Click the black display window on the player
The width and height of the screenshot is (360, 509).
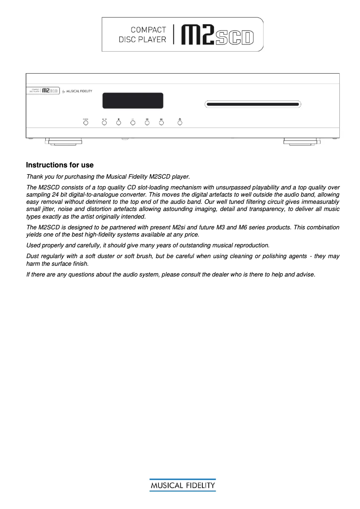click(x=132, y=101)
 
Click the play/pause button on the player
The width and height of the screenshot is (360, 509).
click(x=104, y=123)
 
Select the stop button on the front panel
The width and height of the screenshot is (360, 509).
click(x=119, y=123)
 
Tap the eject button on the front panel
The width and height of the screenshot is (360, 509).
click(x=180, y=123)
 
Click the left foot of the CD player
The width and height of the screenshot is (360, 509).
click(x=63, y=142)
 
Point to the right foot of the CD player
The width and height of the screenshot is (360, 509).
click(x=302, y=142)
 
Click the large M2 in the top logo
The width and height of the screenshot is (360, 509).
click(x=198, y=35)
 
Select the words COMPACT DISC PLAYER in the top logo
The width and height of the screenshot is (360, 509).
click(x=142, y=35)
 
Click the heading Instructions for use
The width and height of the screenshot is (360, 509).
click(x=60, y=165)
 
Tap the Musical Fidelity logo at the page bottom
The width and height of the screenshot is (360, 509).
click(x=183, y=485)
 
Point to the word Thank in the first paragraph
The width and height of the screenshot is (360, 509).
click(x=35, y=176)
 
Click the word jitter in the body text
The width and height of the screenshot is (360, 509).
click(x=50, y=210)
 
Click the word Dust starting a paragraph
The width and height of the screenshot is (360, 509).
click(x=34, y=256)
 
